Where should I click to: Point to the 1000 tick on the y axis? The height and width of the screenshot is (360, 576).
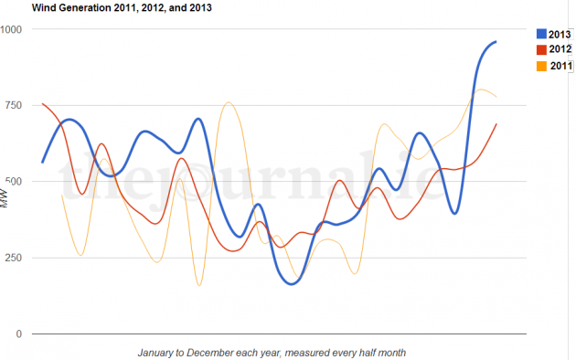click(12, 29)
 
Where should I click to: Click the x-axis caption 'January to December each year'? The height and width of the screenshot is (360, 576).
click(272, 352)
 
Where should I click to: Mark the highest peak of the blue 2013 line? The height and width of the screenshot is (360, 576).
click(496, 41)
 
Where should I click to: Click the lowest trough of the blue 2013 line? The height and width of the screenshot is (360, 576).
click(292, 284)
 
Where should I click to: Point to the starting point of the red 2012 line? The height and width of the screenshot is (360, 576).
click(43, 104)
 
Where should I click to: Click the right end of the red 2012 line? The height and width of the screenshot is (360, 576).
click(496, 123)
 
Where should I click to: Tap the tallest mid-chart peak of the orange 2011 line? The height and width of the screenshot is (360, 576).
click(229, 102)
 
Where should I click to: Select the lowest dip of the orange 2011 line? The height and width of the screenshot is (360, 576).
click(199, 285)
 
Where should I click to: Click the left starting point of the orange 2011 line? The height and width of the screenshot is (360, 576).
click(61, 195)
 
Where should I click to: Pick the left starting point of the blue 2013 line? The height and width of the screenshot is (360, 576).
click(43, 163)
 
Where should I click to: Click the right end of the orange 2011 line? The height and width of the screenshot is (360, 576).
click(496, 97)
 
